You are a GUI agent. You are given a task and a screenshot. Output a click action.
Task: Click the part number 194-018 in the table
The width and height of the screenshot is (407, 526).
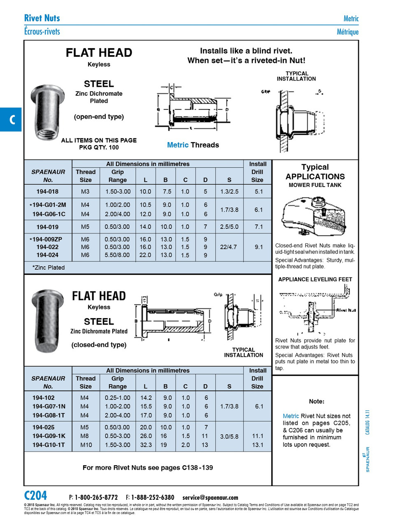click(47, 191)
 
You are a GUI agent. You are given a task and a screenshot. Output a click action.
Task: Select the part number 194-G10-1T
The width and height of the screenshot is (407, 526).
click(49, 445)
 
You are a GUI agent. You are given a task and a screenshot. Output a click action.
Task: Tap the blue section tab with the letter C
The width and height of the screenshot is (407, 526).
click(11, 120)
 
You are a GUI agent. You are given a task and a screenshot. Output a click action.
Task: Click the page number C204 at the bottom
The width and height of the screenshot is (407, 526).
click(36, 496)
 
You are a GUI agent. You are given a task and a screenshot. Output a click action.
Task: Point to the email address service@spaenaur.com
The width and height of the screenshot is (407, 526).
click(210, 498)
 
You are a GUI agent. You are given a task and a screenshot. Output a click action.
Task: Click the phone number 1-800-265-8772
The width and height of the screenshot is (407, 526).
click(96, 498)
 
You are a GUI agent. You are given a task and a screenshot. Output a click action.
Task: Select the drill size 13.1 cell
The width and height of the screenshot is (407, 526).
click(258, 445)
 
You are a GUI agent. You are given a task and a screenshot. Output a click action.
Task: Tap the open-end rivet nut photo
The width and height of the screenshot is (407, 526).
click(47, 112)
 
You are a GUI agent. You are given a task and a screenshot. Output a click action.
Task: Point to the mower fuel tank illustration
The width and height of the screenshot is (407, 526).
click(314, 216)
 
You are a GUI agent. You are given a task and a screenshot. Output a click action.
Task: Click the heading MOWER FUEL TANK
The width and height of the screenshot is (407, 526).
click(315, 185)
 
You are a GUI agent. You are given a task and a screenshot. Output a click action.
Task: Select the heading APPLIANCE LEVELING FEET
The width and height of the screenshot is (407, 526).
click(315, 279)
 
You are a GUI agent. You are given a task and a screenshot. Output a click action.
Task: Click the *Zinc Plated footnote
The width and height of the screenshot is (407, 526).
click(49, 268)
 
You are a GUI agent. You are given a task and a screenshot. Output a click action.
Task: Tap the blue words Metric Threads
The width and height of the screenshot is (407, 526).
click(193, 145)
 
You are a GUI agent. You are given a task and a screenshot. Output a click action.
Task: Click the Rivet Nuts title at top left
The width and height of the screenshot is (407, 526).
click(42, 18)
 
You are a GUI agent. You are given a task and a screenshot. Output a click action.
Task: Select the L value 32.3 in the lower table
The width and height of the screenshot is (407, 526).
click(146, 445)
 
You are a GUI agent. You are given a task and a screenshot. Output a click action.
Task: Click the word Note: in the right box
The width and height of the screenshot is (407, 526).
click(316, 401)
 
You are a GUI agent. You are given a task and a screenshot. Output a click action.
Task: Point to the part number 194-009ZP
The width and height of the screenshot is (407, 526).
click(49, 239)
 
